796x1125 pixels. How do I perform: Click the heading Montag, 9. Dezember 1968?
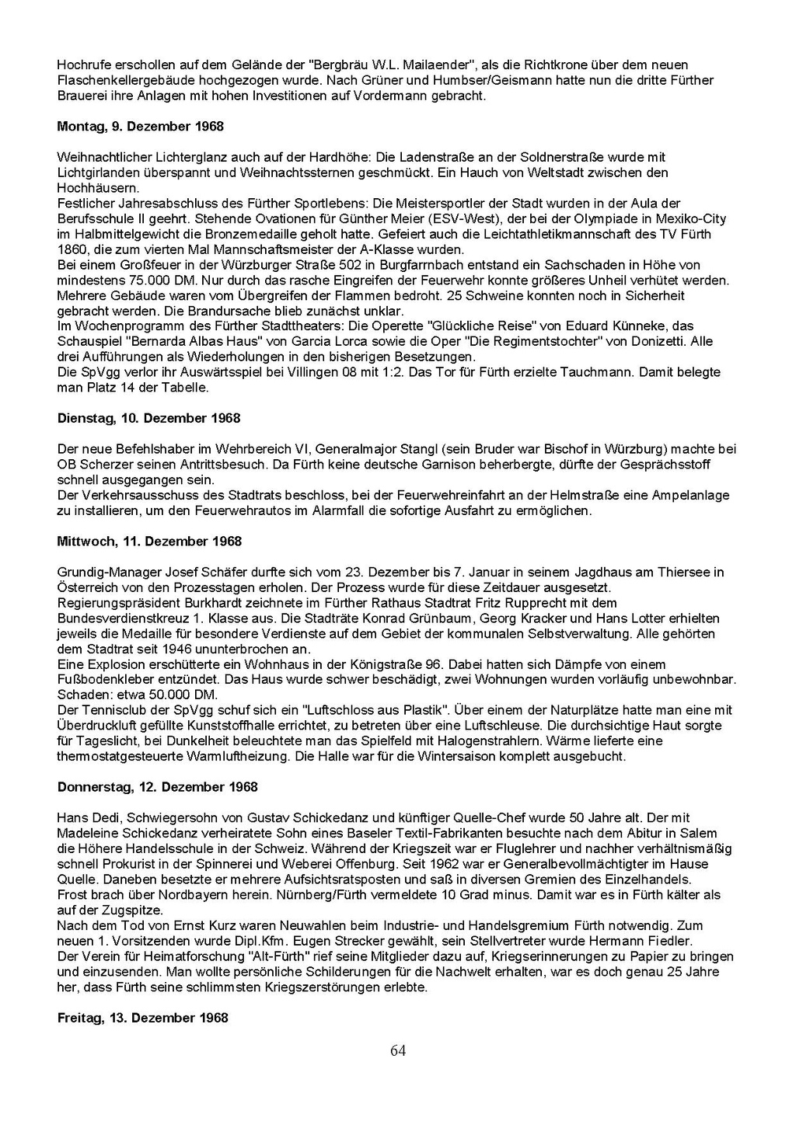(141, 126)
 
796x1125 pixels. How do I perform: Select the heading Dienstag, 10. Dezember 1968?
(148, 418)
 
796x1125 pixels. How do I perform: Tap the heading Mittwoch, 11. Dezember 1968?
(149, 542)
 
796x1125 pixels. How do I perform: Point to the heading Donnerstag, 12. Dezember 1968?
(158, 787)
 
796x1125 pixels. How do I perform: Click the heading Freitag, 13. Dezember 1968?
(143, 1018)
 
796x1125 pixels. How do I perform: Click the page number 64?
(398, 1051)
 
